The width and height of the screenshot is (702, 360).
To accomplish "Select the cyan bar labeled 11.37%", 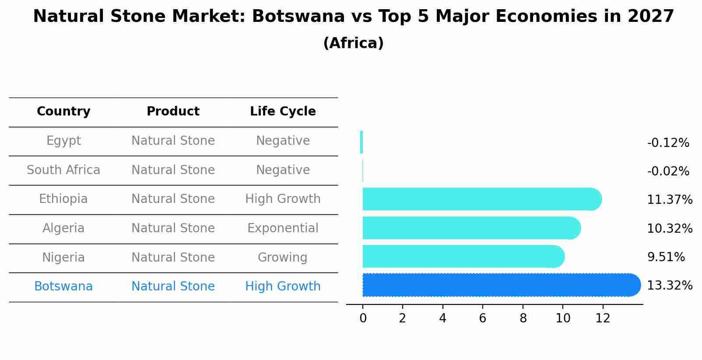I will [x=481, y=199].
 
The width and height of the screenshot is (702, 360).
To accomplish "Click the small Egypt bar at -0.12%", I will [x=362, y=142].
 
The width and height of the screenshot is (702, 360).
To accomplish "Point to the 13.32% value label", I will [x=669, y=286].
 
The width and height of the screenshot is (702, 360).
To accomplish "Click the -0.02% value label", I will [x=668, y=171].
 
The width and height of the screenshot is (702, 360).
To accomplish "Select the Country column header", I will [x=63, y=112].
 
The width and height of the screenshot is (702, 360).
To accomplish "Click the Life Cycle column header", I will [x=283, y=112].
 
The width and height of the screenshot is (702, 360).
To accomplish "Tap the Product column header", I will [x=173, y=112].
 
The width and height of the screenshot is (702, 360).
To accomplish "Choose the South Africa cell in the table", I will [x=63, y=170].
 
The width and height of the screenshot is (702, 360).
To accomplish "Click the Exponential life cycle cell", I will [x=283, y=228].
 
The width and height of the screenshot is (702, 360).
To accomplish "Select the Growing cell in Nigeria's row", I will [x=283, y=257].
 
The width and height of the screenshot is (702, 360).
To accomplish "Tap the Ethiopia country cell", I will [x=63, y=199].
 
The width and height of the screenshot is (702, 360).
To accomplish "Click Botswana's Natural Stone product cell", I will [x=173, y=287].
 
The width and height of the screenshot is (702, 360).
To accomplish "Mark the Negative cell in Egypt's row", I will [x=283, y=141].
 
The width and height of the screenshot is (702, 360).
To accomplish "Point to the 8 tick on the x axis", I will [x=523, y=318].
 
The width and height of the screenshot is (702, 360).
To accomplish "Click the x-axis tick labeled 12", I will [x=603, y=318].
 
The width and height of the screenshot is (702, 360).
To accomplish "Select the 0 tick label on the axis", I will [x=363, y=318].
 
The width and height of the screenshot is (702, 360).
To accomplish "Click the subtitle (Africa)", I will [x=353, y=43].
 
